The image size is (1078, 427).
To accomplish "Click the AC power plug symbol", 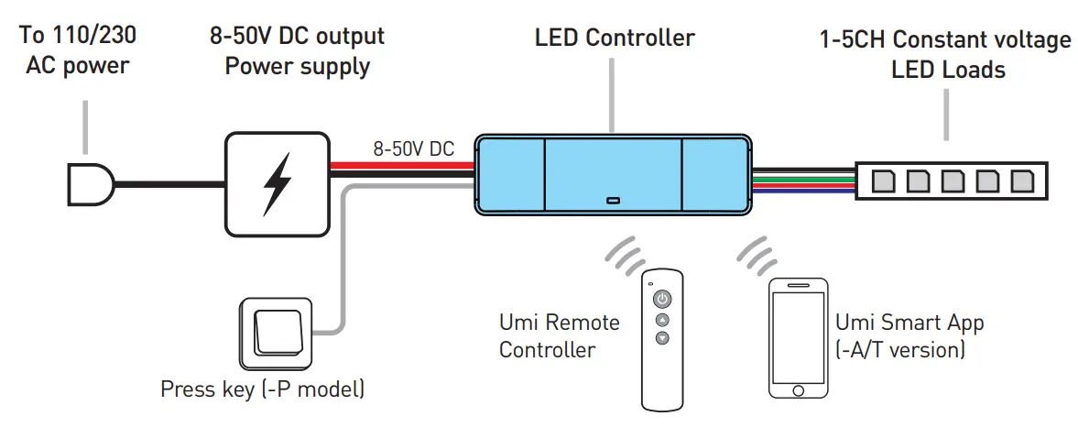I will point(90,185).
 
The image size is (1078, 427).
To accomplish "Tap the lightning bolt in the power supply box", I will point(277,183).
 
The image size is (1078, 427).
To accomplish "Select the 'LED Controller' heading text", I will point(615,38).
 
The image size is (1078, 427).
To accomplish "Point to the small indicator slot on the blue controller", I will point(613,199).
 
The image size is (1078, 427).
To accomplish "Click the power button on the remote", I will point(661,298).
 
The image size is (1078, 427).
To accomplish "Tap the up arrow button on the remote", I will point(661,319).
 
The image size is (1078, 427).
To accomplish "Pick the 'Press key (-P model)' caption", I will point(263,389).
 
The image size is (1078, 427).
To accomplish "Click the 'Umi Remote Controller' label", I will point(559,335).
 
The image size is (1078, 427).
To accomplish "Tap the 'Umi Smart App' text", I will point(909,323).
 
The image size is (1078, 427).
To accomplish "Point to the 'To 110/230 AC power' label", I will point(79,52).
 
